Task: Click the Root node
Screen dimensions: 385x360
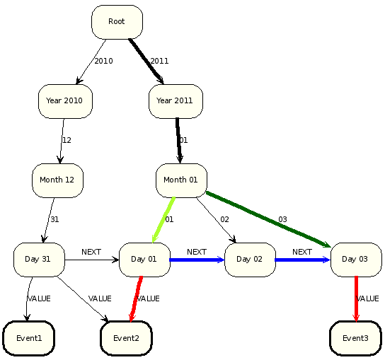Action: pos(117,22)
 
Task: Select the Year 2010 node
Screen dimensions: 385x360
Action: pos(65,101)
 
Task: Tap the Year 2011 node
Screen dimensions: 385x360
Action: pos(176,101)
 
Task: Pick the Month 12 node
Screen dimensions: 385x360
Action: pos(58,180)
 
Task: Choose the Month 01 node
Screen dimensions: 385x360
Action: pos(181,180)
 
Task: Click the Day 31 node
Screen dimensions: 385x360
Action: pos(39,260)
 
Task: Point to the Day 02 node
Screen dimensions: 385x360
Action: pos(251,260)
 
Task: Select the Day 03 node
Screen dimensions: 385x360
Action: pos(356,260)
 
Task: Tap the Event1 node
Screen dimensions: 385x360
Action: pos(29,338)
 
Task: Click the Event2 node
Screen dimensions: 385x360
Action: pos(126,338)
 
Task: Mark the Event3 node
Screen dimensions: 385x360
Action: pos(355,338)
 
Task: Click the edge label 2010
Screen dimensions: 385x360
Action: pos(103,61)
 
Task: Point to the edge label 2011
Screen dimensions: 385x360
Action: pos(159,61)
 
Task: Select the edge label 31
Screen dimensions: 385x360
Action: pos(54,219)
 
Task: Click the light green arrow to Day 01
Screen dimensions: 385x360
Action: pos(163,220)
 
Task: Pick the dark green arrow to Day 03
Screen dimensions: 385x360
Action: pos(268,219)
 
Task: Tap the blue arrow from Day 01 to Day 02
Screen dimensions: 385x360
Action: pos(197,260)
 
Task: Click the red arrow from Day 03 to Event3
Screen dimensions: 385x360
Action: pos(356,298)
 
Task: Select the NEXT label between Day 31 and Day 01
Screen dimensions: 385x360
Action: pos(91,252)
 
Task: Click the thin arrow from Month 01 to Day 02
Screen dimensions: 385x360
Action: pos(217,221)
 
